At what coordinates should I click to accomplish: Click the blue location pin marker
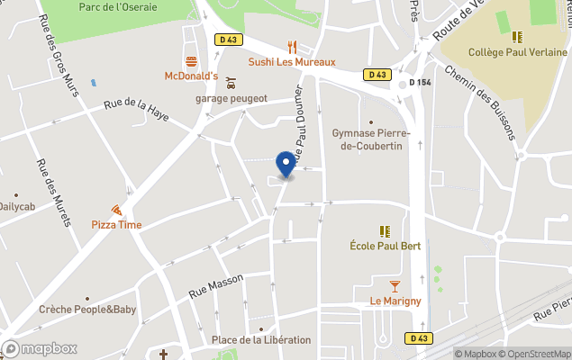286,164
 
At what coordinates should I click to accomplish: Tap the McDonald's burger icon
191,62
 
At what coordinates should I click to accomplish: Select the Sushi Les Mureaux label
292,62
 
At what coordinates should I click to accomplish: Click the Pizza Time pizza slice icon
116,210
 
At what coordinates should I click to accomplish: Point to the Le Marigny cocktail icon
395,286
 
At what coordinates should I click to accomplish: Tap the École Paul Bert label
385,246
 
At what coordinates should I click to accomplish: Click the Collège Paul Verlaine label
517,52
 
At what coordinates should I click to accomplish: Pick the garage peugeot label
232,98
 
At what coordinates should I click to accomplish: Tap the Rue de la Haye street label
136,110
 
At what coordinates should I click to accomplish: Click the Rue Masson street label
216,286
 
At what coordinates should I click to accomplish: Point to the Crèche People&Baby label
87,310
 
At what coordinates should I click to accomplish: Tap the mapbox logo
41,349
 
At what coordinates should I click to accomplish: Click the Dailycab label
17,206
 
